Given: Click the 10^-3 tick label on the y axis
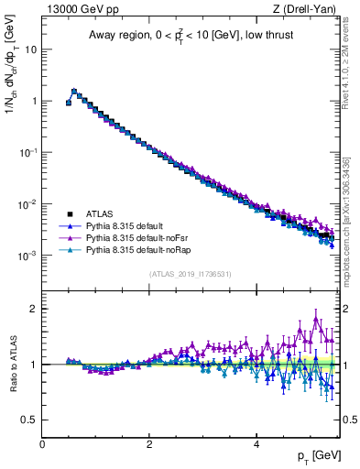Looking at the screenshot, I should [x=27, y=256].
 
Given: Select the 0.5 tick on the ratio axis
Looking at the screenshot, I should [x=29, y=420].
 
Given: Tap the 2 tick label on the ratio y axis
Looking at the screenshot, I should [x=34, y=309].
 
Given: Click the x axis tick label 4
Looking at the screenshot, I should [x=256, y=444].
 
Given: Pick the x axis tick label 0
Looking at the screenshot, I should [x=42, y=444].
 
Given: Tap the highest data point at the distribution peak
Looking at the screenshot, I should [x=74, y=92].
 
